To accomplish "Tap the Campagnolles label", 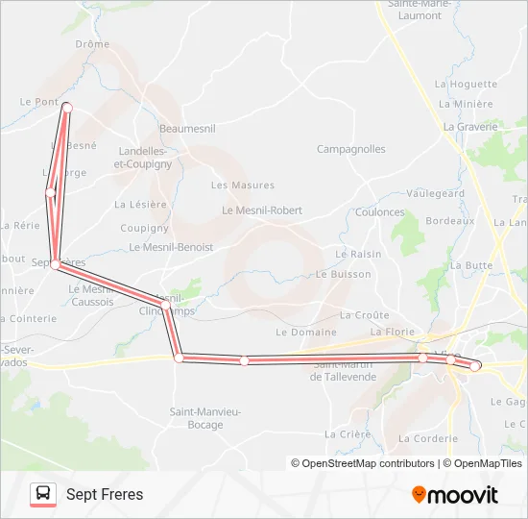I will click(x=351, y=149).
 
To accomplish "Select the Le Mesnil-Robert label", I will click(x=262, y=210).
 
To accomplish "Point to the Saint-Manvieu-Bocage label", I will click(x=205, y=417).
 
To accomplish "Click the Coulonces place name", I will click(x=380, y=212).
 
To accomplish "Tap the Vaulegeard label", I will click(x=435, y=193).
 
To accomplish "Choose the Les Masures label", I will click(x=242, y=185).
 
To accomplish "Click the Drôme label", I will click(x=92, y=44).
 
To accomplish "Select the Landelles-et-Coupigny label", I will click(x=143, y=158).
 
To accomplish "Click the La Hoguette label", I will click(x=467, y=85).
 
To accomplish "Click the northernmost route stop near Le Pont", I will click(x=66, y=108).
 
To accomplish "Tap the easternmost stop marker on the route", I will click(x=474, y=366).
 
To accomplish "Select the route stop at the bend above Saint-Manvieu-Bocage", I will click(x=179, y=358).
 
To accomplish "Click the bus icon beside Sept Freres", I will click(x=43, y=494).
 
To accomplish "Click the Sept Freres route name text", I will click(x=105, y=495).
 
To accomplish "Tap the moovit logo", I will click(x=455, y=495).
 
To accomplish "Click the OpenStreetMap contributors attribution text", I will click(x=362, y=463).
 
